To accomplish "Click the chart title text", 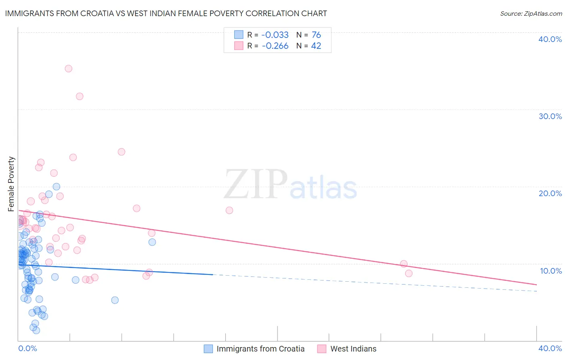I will pos(166,13).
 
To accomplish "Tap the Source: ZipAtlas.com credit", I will pos(531,14).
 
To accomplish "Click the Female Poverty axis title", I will pos(11,184).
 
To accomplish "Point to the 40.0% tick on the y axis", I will pos(550,39).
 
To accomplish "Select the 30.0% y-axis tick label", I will pos(550,116).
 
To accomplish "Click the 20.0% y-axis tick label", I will pos(550,193).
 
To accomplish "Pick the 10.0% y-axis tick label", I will pos(550,271).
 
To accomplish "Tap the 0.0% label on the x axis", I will pos(27,348).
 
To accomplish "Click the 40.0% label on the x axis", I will pos(550,348).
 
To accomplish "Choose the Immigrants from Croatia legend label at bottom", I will pos(260,349).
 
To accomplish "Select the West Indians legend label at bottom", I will pos(353,349).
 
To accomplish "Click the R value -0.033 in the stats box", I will pos(275,35).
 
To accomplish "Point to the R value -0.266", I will pos(275,46).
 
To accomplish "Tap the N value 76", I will pos(316,35).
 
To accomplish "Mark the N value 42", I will pos(316,46).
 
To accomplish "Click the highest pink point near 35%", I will pos(69,69).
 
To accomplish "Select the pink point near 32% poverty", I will pos(79,96).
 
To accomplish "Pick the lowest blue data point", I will pos(36,330).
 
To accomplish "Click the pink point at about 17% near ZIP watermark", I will pos(229,210).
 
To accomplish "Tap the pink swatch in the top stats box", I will pos(239,46).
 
